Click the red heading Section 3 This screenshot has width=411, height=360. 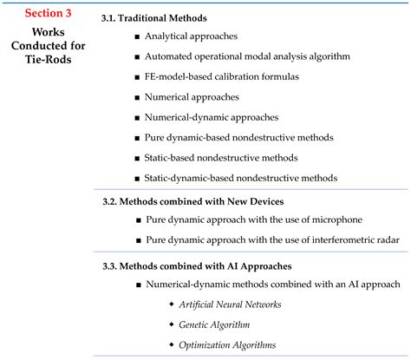[47, 12]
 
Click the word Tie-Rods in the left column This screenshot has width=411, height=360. [47, 61]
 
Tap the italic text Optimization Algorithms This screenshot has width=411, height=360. [227, 344]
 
